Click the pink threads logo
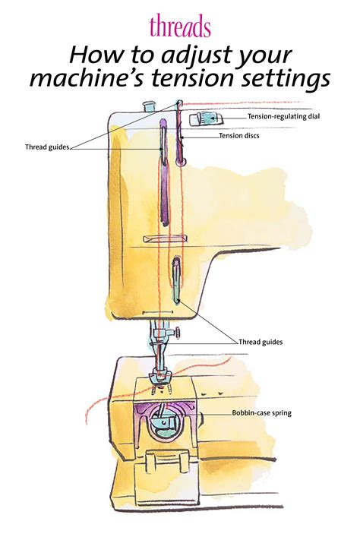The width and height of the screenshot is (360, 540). (x=180, y=27)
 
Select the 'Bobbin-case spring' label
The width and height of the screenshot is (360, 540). (x=262, y=413)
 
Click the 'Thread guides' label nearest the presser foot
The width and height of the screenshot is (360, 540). (x=261, y=343)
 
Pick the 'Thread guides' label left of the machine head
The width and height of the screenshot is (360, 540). (x=47, y=147)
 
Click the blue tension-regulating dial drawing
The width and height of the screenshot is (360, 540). (x=204, y=117)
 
